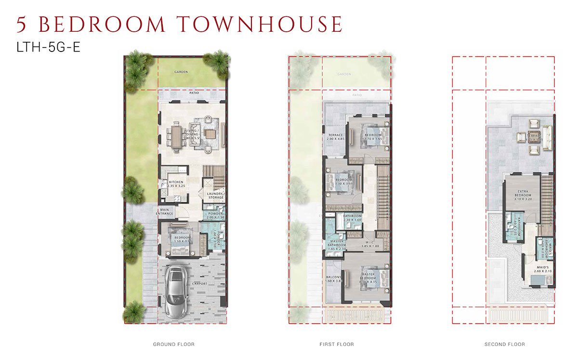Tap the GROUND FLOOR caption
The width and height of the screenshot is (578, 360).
[173, 345]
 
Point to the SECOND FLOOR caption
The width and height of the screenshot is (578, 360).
[504, 345]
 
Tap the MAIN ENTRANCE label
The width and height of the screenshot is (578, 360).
[166, 211]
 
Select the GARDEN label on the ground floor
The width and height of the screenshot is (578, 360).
[181, 72]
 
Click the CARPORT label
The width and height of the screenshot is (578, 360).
[199, 284]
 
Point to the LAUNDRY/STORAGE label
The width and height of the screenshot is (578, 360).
[215, 195]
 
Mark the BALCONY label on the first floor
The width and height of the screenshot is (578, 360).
[334, 278]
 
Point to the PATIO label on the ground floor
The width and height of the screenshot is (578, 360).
[194, 93]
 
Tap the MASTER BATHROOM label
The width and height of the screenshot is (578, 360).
[337, 244]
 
